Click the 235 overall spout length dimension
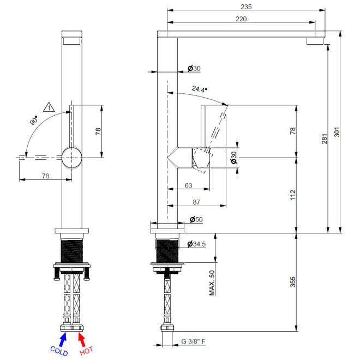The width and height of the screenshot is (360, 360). [246, 7]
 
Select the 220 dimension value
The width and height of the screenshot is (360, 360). [241, 19]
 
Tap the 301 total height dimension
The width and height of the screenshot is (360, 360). [337, 132]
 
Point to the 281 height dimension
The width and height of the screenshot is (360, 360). [325, 139]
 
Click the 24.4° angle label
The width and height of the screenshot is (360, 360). [200, 89]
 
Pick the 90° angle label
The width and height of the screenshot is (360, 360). [34, 121]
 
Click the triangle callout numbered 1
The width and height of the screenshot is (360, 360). [49, 107]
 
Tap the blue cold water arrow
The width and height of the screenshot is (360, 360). [63, 339]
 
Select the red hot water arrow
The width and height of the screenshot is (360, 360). [81, 339]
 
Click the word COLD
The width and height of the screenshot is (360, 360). [59, 351]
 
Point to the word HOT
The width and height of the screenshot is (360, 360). [86, 351]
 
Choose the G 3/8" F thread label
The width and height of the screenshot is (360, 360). [193, 341]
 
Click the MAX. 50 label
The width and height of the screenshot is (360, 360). [212, 283]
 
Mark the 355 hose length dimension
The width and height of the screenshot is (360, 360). [293, 282]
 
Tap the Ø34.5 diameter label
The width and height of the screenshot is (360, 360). [196, 244]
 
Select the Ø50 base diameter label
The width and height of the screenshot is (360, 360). [196, 219]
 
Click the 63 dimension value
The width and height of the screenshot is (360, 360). [189, 185]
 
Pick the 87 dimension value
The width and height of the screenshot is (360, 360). [196, 202]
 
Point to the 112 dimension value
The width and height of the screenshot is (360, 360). [293, 195]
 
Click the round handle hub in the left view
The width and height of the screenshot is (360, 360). [72, 158]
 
